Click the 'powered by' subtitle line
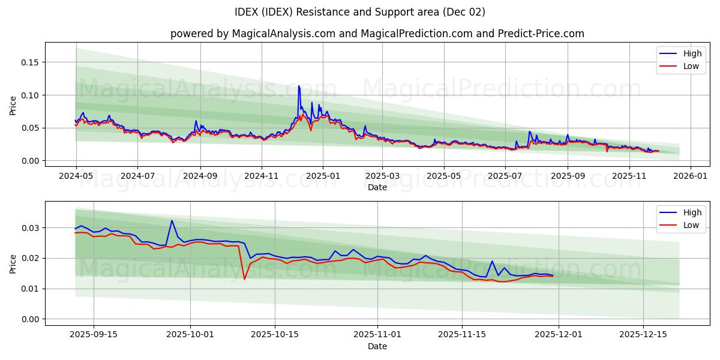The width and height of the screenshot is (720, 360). click(377, 34)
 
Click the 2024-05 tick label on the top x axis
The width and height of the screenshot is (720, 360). click(76, 176)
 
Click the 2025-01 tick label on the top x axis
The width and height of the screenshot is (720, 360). click(323, 176)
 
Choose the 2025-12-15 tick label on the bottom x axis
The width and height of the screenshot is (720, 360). click(643, 335)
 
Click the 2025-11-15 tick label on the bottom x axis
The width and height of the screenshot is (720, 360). click(462, 335)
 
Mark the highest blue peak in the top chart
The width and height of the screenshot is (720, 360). click(299, 86)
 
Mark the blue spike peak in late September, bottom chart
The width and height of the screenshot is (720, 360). click(172, 220)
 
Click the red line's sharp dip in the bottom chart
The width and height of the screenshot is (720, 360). click(244, 279)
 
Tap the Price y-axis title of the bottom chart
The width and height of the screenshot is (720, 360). click(13, 263)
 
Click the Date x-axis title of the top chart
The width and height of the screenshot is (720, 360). click(377, 187)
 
